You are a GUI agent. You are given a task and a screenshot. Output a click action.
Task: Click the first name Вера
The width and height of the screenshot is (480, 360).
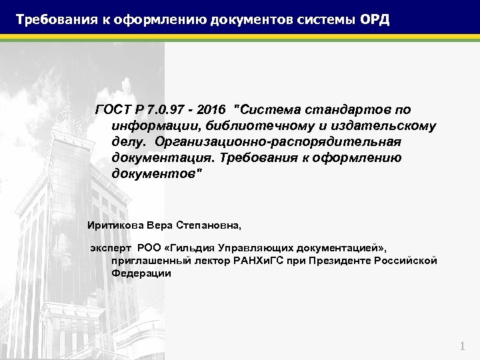(x=159, y=225)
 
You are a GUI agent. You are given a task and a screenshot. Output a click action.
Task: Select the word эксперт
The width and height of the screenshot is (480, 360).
(x=111, y=248)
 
